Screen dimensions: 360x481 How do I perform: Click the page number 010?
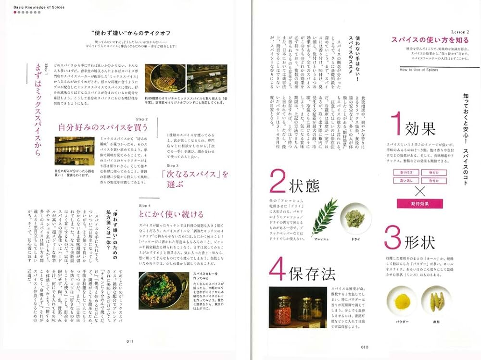(365, 347)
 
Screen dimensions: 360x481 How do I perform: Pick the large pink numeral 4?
(278, 270)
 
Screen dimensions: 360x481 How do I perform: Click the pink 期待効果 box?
(419, 203)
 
